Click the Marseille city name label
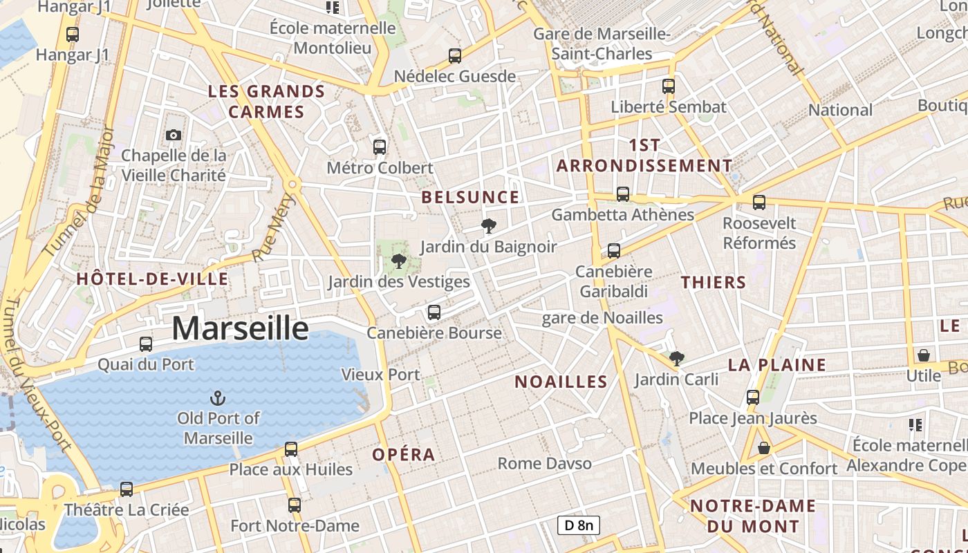[240, 328]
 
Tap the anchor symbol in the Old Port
[218, 398]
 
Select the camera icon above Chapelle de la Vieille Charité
[174, 135]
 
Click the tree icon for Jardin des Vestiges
[398, 261]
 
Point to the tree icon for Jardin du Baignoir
[489, 226]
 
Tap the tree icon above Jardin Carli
[677, 358]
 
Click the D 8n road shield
[579, 525]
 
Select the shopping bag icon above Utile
[924, 355]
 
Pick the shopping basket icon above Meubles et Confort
[764, 448]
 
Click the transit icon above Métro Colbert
[380, 147]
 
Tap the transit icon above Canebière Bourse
[434, 312]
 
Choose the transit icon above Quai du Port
[146, 344]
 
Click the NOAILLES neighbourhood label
[561, 382]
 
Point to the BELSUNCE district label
[470, 198]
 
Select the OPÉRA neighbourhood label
[404, 455]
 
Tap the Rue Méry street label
[274, 228]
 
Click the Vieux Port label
[380, 375]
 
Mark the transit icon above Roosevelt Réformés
[759, 203]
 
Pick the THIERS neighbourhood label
[714, 282]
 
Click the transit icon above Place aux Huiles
[291, 449]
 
